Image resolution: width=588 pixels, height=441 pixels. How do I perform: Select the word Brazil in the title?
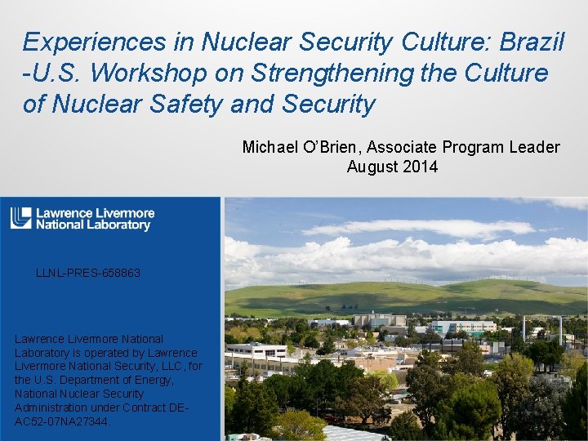[x=531, y=42]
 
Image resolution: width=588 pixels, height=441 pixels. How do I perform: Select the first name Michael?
[x=269, y=147]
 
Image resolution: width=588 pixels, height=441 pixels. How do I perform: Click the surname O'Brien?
[x=333, y=147]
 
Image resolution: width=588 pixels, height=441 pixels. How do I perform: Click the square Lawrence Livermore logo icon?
[x=20, y=219]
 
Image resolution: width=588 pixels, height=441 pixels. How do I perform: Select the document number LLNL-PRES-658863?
[x=88, y=273]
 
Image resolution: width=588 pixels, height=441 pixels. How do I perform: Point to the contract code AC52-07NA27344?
[x=61, y=421]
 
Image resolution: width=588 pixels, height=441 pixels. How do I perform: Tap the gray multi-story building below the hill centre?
[x=378, y=320]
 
